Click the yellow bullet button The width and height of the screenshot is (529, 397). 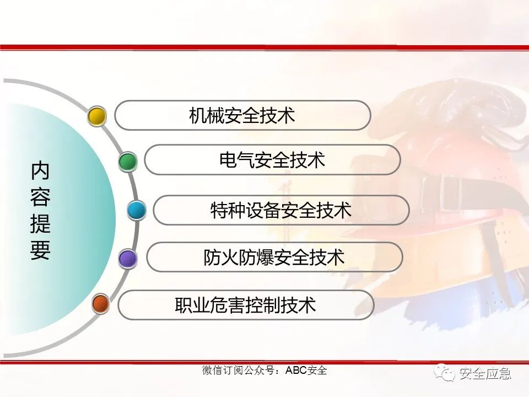click(x=97, y=116)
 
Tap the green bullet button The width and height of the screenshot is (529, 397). click(x=128, y=162)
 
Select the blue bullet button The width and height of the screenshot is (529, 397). click(x=136, y=210)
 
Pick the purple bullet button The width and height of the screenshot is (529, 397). click(x=128, y=258)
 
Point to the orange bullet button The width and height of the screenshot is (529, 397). click(x=100, y=304)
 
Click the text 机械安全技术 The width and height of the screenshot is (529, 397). click(x=242, y=115)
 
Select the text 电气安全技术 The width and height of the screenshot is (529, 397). click(x=272, y=160)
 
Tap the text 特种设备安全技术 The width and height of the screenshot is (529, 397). click(x=281, y=210)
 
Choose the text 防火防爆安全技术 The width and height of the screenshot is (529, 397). click(x=274, y=257)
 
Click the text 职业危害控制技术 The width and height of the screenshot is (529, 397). click(x=246, y=305)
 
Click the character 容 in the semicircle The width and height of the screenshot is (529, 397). click(x=40, y=198)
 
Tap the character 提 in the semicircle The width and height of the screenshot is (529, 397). click(x=40, y=224)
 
